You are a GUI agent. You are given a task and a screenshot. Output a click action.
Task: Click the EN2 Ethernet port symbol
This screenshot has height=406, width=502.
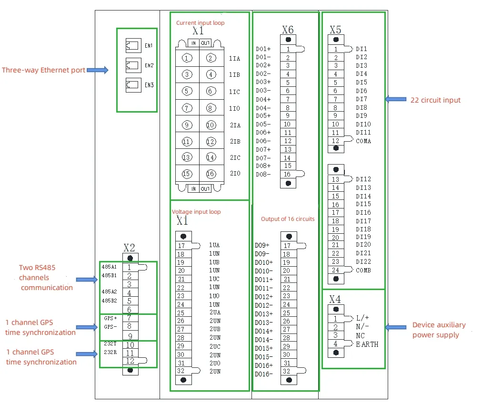131,65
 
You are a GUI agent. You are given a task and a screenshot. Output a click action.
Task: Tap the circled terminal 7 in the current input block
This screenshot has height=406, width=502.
187,108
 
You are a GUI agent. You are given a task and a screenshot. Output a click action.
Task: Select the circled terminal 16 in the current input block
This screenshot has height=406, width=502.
211,174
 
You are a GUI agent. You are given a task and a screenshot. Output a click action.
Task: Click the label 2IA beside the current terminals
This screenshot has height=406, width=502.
235,125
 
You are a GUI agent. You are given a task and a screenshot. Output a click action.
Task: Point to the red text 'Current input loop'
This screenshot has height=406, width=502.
200,23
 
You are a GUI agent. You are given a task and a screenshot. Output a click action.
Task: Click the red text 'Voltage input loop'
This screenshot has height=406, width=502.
196,211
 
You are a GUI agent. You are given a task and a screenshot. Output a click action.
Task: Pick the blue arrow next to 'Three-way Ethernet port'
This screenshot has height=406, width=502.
98,70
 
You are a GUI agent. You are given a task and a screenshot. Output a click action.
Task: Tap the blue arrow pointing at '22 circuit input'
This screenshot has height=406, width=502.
395,99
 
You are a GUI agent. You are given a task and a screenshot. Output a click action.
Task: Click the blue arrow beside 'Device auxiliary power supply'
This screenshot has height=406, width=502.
395,327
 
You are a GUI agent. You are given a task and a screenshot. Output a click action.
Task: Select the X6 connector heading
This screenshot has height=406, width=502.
288,30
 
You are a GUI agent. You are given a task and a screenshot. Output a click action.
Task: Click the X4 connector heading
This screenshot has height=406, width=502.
335,299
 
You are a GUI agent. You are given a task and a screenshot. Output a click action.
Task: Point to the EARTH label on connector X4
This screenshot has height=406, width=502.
367,344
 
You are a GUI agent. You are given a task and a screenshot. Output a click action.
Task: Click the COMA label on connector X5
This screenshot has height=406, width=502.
363,141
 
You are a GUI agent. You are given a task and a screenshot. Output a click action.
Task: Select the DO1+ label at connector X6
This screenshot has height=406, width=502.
263,49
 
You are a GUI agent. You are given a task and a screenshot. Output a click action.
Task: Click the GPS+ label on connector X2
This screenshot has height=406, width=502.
110,318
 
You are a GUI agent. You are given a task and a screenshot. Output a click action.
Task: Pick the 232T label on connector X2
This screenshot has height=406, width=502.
110,344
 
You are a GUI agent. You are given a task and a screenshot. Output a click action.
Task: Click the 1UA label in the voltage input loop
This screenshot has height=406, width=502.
214,245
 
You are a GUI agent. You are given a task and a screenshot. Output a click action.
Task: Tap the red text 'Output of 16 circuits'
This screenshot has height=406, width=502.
287,219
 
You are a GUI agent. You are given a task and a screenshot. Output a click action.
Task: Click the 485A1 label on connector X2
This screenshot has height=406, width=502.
109,267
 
